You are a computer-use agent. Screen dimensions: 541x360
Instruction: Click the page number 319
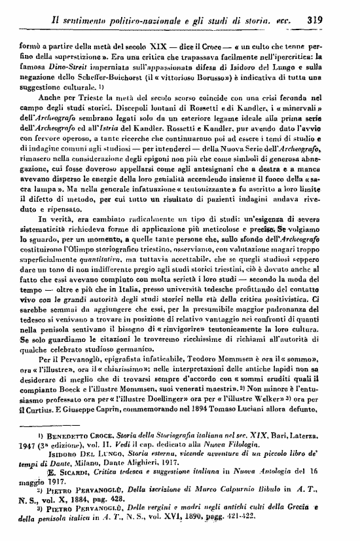click(316, 20)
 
